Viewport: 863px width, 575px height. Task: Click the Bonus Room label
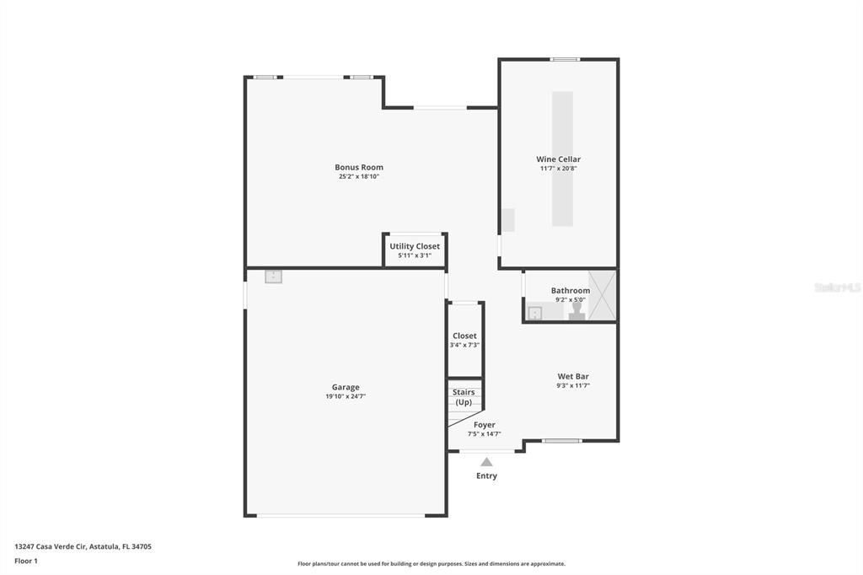(359, 167)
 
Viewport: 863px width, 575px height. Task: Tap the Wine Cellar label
(558, 159)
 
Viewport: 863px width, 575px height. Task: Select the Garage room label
(345, 387)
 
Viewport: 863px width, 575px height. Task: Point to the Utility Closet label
(415, 246)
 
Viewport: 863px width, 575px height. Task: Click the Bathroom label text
(571, 290)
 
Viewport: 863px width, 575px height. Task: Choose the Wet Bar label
(573, 376)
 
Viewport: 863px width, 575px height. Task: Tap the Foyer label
(485, 425)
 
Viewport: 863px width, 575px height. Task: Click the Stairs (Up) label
(464, 397)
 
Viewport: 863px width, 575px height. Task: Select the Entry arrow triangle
(486, 461)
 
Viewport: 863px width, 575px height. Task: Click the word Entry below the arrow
(486, 476)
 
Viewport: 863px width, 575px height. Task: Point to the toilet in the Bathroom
(577, 312)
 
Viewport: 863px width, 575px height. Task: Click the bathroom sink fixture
(534, 313)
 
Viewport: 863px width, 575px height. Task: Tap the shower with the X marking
(602, 295)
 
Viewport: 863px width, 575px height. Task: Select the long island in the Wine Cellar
(562, 159)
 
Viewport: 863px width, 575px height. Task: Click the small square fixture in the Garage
(273, 277)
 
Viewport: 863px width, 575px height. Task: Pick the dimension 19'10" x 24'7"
(345, 396)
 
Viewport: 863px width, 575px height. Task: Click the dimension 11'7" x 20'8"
(558, 169)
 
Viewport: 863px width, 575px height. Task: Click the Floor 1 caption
(26, 561)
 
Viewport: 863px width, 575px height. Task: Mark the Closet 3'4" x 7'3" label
(464, 340)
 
